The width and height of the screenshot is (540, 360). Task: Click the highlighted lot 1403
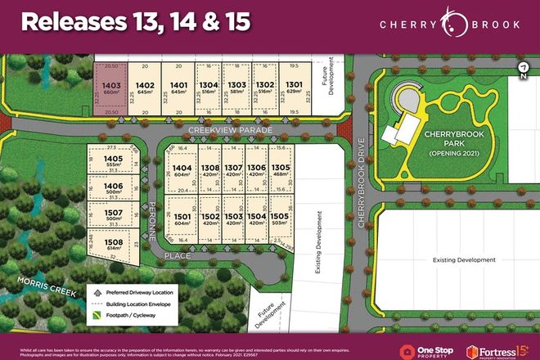[x=112, y=88]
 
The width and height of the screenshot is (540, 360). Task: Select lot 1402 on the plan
[x=146, y=88]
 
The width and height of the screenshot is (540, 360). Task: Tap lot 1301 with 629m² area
[x=292, y=88]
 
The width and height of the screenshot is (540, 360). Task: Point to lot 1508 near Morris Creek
[x=113, y=245]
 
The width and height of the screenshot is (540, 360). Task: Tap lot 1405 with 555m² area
[x=113, y=161]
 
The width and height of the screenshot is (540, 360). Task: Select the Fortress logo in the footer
[x=495, y=350]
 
